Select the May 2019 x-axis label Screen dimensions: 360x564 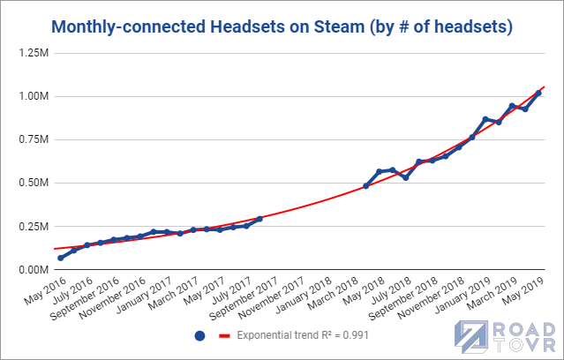click(523, 290)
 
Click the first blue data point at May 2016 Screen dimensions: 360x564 click(61, 258)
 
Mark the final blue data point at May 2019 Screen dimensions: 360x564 click(538, 93)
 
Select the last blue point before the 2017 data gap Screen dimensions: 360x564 click(259, 219)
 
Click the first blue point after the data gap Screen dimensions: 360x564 click(365, 186)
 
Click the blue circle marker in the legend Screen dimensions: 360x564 click(199, 336)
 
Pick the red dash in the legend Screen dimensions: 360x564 click(223, 336)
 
